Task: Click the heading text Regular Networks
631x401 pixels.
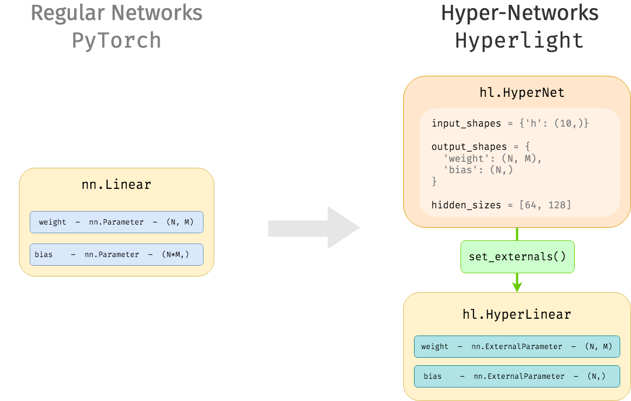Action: coord(116,13)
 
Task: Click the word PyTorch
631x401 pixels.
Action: coord(116,41)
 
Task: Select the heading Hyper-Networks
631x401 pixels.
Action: coord(520,13)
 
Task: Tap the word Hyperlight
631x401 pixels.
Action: coord(520,41)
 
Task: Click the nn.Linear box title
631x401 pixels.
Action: coord(116,185)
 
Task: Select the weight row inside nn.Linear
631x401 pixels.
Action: coord(116,222)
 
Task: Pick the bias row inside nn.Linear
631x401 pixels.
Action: coord(116,254)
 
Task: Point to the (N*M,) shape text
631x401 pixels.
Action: coord(175,254)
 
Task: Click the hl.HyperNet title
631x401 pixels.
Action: coord(522,93)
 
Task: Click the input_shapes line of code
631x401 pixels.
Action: coord(509,123)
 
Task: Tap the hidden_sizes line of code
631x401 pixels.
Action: coord(501,205)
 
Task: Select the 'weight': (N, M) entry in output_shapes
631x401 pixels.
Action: coord(492,159)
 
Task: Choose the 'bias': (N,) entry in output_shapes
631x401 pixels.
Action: coord(477,170)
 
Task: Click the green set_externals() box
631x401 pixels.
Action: coord(517,257)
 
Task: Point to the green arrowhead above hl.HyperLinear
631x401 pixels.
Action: coord(517,286)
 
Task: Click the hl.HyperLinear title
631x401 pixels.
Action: coord(517,314)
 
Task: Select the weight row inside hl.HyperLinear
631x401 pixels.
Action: coord(517,346)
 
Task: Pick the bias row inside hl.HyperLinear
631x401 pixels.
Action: coord(517,376)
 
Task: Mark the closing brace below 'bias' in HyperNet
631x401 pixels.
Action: coord(434,182)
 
